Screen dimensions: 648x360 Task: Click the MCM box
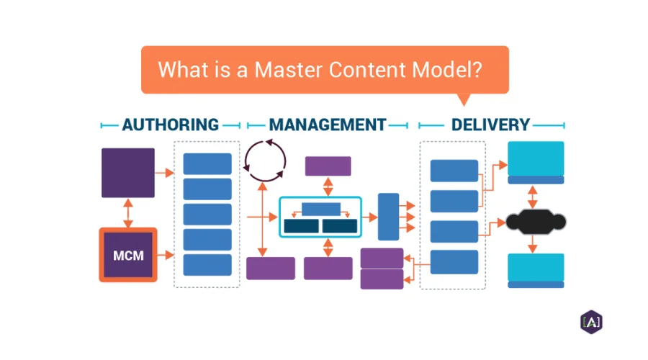[x=128, y=255]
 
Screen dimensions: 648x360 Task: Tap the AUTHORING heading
[x=170, y=125]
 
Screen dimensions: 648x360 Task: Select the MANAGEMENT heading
[x=328, y=125]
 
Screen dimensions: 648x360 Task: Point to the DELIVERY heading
[x=490, y=125]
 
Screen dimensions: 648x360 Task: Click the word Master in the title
[x=288, y=69]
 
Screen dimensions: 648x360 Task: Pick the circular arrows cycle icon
[x=265, y=161]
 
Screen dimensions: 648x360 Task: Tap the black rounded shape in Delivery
[x=536, y=222]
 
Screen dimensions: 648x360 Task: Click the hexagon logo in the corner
[x=591, y=322]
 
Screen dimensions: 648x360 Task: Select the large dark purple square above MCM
[x=128, y=173]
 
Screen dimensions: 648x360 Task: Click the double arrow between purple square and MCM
[x=128, y=213]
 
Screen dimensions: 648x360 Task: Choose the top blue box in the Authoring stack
[x=207, y=163]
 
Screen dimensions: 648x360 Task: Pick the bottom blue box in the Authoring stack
[x=207, y=265]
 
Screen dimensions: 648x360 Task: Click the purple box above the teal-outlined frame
[x=328, y=166]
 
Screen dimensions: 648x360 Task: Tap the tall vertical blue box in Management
[x=389, y=217]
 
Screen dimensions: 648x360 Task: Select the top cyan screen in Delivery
[x=536, y=162]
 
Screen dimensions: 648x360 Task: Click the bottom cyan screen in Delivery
[x=536, y=270]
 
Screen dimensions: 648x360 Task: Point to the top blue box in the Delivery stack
[x=454, y=171]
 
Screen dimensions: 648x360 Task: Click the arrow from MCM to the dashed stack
[x=166, y=255]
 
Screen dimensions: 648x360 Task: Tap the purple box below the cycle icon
[x=271, y=269]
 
